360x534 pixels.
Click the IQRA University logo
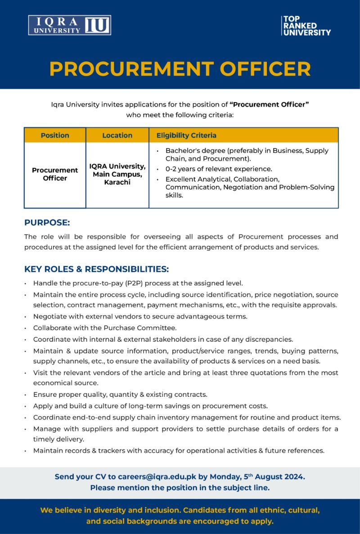tap(69, 25)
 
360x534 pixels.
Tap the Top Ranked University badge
tap(306, 26)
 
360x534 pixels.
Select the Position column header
tap(55, 135)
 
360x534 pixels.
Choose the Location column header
tap(117, 135)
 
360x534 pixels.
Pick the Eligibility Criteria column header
tap(186, 135)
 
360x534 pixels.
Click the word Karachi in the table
tap(117, 182)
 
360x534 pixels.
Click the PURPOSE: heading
tap(47, 223)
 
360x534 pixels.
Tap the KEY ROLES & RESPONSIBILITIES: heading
tap(96, 269)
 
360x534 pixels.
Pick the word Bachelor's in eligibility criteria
tap(182, 151)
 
